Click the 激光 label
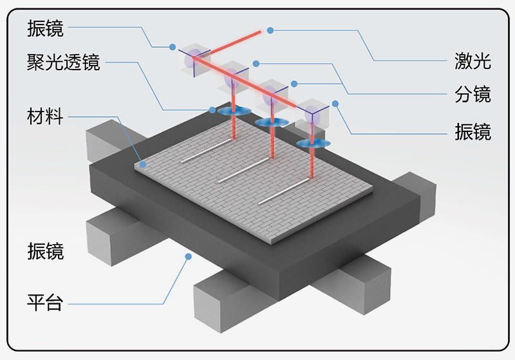472,62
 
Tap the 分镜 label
472,96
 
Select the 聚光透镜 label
63,62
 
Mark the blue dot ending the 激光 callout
271,30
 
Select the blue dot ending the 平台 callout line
189,256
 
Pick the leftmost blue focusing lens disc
232,111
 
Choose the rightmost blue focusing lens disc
314,142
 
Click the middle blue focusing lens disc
272,122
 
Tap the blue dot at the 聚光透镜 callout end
213,109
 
